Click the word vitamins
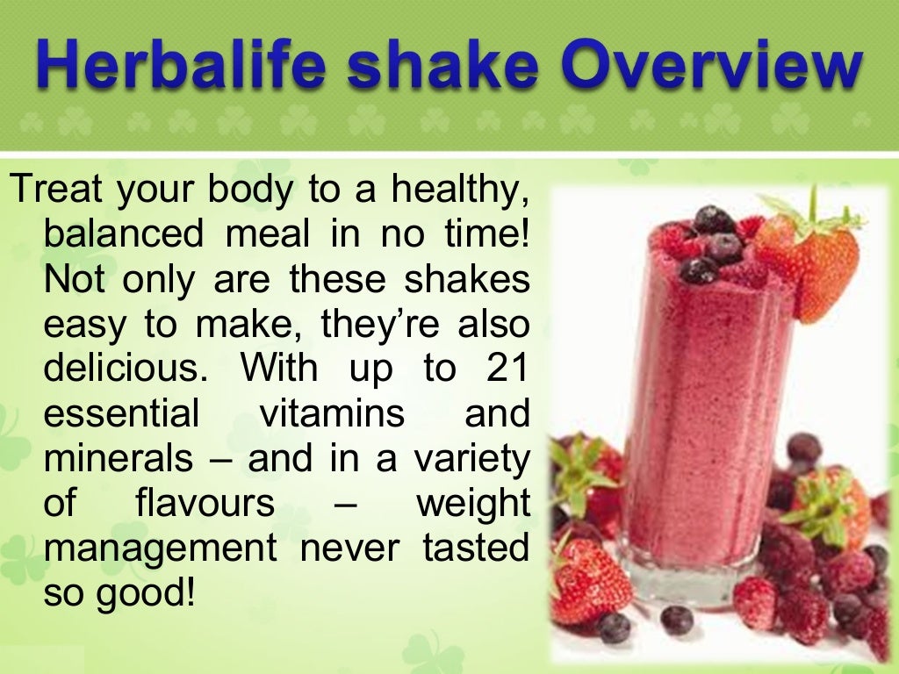point(333,414)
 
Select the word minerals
point(118,459)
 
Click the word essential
point(122,414)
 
